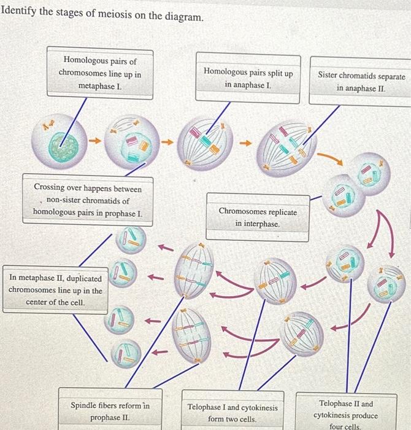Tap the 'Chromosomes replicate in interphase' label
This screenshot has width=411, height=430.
click(x=257, y=217)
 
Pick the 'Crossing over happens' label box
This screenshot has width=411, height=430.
click(x=87, y=200)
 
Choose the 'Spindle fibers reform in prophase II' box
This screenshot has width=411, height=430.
click(x=110, y=412)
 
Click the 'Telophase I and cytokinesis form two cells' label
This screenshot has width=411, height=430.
click(x=232, y=413)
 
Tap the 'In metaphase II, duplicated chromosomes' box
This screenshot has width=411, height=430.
click(x=55, y=291)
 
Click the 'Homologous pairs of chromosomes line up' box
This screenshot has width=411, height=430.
click(x=99, y=74)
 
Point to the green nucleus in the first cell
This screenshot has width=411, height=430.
click(x=64, y=146)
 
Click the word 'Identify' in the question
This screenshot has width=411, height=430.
click(x=23, y=14)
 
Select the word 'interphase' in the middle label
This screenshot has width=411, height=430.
click(x=262, y=224)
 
